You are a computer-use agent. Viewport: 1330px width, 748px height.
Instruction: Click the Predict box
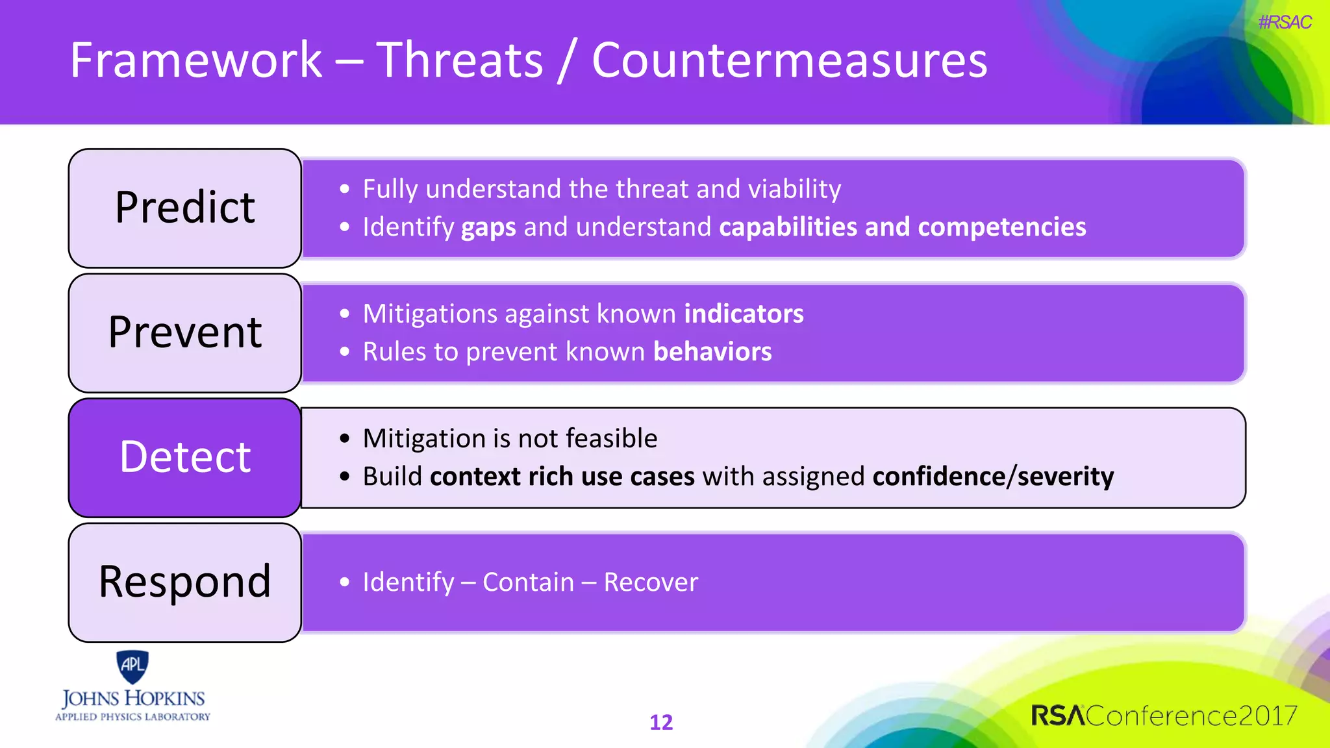point(185,208)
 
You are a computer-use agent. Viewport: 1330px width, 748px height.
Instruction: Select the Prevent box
point(185,332)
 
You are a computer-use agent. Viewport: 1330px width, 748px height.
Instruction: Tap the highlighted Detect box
point(185,457)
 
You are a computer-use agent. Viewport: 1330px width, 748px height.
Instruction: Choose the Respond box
point(185,582)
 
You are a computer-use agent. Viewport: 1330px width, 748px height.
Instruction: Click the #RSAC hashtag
point(1284,23)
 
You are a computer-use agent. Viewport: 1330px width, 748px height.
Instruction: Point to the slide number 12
point(661,722)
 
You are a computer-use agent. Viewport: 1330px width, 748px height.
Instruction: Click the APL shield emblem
point(132,666)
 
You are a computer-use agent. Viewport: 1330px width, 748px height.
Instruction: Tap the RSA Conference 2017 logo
point(1164,716)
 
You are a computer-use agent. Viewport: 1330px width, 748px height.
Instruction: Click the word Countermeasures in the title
point(789,60)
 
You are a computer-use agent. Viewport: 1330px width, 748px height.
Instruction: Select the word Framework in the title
point(196,60)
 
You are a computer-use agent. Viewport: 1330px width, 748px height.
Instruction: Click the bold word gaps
point(488,227)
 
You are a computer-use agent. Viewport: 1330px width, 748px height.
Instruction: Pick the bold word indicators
point(744,314)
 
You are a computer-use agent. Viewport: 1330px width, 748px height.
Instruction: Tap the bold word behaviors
point(712,352)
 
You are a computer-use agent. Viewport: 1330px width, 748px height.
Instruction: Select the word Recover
point(651,582)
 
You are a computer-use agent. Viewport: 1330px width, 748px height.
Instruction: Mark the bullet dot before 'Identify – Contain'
point(345,582)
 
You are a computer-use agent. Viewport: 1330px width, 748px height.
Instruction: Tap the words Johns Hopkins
point(133,699)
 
